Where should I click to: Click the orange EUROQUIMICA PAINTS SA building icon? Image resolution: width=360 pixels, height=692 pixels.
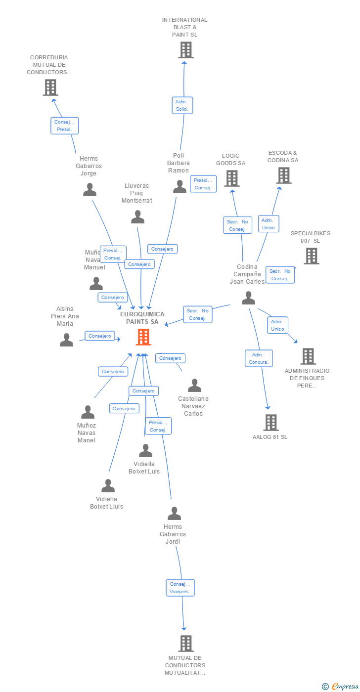pos(143,337)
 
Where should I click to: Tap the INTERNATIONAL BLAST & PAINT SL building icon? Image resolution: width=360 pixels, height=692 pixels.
pos(185,50)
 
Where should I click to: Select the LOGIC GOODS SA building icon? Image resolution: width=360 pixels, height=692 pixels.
pos(231,178)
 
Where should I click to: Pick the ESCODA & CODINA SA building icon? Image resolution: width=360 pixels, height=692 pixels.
pos(283,175)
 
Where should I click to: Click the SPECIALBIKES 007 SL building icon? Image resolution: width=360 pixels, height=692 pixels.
pos(311,256)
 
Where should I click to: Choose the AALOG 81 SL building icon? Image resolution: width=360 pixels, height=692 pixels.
pos(270,423)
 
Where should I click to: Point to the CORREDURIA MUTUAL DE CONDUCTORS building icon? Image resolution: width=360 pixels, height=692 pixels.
pos(50,87)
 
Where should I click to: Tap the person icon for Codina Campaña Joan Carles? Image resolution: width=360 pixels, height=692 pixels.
pos(248,298)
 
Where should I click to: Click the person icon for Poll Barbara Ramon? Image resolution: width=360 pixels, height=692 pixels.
pos(180,187)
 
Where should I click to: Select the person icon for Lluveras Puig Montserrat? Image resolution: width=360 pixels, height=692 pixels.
pos(137,217)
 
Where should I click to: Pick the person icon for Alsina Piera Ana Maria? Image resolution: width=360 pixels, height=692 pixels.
pos(66,340)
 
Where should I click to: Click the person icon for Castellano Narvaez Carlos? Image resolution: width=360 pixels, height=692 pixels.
pos(194,386)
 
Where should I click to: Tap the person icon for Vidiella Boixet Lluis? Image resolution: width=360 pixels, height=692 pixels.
pos(107,486)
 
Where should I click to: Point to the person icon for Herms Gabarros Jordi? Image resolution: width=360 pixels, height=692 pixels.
pos(174,514)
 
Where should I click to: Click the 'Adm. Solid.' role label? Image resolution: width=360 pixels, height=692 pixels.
pos(182,105)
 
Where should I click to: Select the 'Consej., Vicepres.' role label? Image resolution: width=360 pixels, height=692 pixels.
pos(180,588)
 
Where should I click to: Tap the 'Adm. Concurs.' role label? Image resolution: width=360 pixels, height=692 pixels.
pos(259,358)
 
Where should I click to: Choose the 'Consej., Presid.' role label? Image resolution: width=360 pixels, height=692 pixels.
pos(64,126)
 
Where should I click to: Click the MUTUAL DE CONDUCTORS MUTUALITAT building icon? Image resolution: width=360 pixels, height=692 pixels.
pos(185,644)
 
